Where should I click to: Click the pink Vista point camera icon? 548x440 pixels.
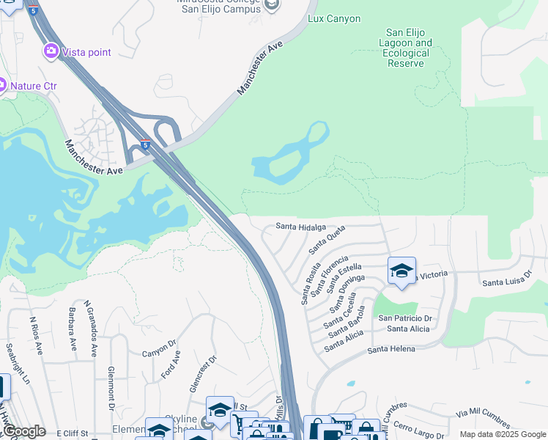click(x=51, y=51)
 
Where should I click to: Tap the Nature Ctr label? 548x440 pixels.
click(x=33, y=86)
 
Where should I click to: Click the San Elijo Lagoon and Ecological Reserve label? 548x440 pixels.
click(x=409, y=48)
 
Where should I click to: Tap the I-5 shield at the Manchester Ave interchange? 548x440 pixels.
click(x=145, y=144)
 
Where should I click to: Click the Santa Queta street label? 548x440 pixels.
click(x=326, y=241)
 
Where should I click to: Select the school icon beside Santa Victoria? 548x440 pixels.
click(x=401, y=271)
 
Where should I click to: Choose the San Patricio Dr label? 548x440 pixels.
click(x=406, y=318)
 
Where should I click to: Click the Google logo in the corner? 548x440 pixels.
click(x=23, y=431)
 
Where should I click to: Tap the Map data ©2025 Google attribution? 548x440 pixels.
click(x=503, y=434)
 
